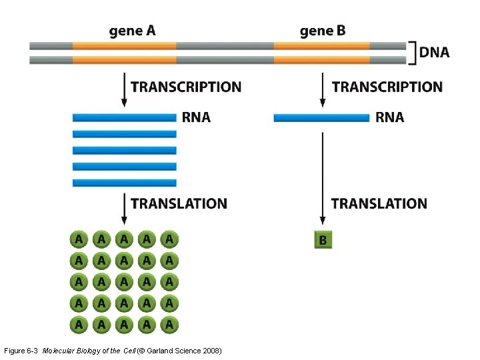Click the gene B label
(x=323, y=31)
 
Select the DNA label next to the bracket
(x=434, y=53)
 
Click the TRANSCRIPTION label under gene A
(x=186, y=87)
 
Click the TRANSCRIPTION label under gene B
(x=387, y=87)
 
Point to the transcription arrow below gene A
(x=123, y=89)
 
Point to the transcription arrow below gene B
(x=323, y=89)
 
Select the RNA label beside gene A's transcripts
(x=196, y=118)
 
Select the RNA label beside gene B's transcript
(x=390, y=118)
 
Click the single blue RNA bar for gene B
(x=321, y=118)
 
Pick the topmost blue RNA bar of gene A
(x=124, y=118)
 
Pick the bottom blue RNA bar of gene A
(x=124, y=183)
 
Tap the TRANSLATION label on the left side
(x=179, y=203)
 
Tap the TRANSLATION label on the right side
(x=379, y=203)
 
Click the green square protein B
(x=323, y=239)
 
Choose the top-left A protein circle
(x=79, y=239)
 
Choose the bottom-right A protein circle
(x=169, y=325)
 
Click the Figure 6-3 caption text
(x=113, y=351)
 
